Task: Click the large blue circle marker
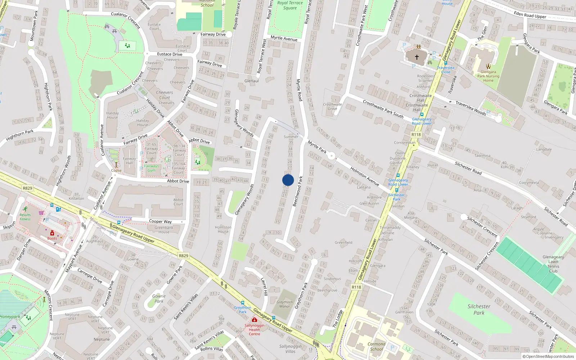[x=288, y=180]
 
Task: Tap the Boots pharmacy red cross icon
[x=52, y=233]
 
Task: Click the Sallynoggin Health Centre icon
[x=255, y=320]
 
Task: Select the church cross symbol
[x=417, y=57]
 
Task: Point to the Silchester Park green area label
[x=479, y=310]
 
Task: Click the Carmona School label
[x=377, y=346]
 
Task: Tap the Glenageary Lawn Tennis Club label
[x=553, y=264]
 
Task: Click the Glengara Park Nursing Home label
[x=488, y=76]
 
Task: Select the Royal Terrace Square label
[x=290, y=5]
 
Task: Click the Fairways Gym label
[x=151, y=168]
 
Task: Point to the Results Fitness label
[x=25, y=217]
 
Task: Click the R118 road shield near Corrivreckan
[x=416, y=135]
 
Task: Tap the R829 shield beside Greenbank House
[x=183, y=256]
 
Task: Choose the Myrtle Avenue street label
[x=284, y=38]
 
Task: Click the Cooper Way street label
[x=160, y=221]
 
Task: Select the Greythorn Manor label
[x=285, y=304]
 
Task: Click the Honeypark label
[x=10, y=317]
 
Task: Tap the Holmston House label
[x=223, y=229]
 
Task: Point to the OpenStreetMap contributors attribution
[x=548, y=357]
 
